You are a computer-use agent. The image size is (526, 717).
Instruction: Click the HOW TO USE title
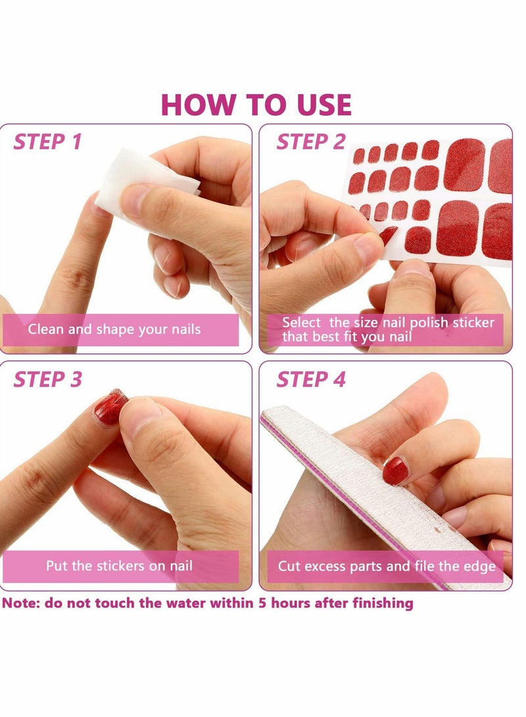pyautogui.click(x=256, y=105)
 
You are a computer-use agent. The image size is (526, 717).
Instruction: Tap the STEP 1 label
pyautogui.click(x=48, y=142)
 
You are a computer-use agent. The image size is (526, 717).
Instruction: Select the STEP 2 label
pyautogui.click(x=310, y=142)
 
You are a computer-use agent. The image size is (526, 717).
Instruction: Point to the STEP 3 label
pyautogui.click(x=48, y=379)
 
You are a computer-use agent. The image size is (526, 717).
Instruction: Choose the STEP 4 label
pyautogui.click(x=310, y=379)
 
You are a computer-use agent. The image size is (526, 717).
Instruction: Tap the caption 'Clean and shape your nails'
pyautogui.click(x=114, y=329)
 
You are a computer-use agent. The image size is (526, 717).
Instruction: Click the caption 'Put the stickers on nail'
pyautogui.click(x=119, y=565)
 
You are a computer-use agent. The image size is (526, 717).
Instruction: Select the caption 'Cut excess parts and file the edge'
pyautogui.click(x=386, y=566)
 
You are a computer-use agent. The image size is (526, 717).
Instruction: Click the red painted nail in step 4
pyautogui.click(x=395, y=471)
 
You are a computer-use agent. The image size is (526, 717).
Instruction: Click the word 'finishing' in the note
pyautogui.click(x=383, y=603)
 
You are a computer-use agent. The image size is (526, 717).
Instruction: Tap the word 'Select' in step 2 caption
pyautogui.click(x=302, y=323)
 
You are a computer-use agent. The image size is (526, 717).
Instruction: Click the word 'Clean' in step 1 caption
pyautogui.click(x=45, y=329)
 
